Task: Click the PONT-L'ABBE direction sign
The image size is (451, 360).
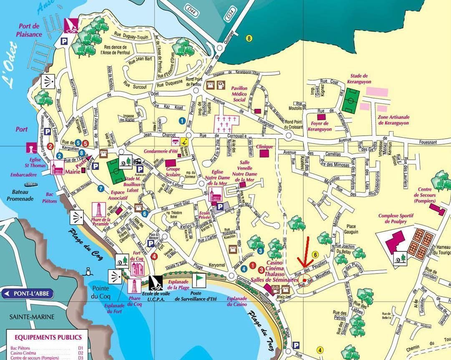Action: coord(28,294)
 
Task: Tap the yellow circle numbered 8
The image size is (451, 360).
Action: coord(249,38)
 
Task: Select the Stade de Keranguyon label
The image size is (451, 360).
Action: coord(359,79)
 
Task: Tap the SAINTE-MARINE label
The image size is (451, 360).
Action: coord(32,317)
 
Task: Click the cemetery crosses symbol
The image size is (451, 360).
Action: coord(227,124)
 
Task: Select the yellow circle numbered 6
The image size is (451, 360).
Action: coord(316,254)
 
